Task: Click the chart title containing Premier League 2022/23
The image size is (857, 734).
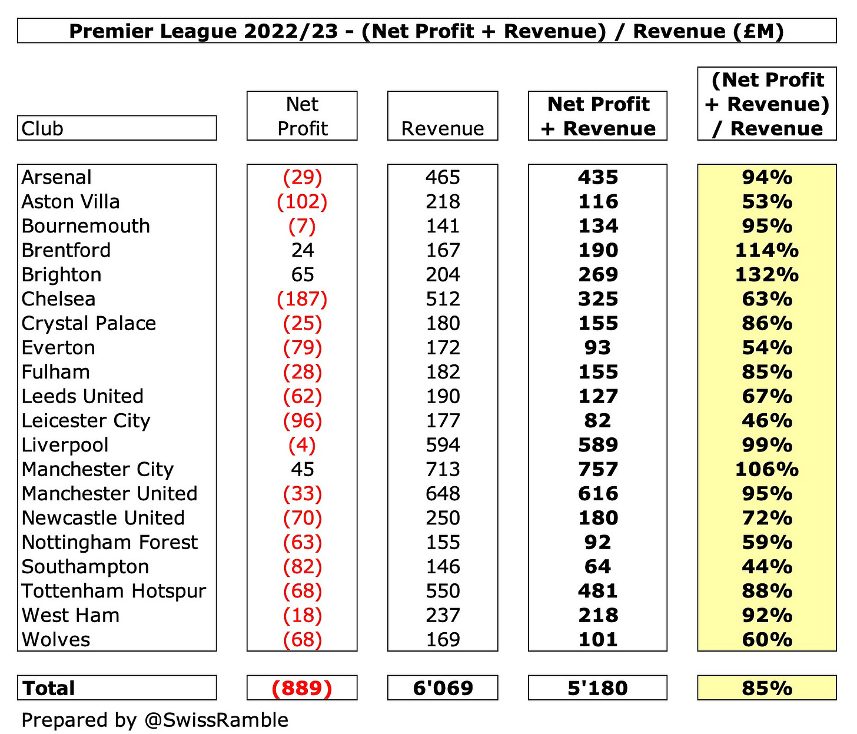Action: click(x=426, y=31)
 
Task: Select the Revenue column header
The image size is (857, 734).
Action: click(x=443, y=128)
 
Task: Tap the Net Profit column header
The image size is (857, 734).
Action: click(x=302, y=116)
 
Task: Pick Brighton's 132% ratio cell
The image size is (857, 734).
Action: click(x=766, y=275)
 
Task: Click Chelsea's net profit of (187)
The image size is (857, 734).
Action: click(x=302, y=299)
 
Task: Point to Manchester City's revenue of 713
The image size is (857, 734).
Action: click(x=443, y=470)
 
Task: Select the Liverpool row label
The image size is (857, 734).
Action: click(x=65, y=446)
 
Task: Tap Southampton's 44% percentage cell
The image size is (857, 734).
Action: click(x=766, y=567)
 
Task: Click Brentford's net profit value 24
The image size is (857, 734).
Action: click(x=302, y=251)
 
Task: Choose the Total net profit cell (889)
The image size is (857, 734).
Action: click(x=302, y=688)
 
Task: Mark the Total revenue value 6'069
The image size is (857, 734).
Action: click(x=443, y=688)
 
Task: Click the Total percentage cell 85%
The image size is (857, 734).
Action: click(x=766, y=688)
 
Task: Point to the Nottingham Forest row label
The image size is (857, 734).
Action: click(x=109, y=543)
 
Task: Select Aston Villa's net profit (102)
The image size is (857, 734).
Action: click(x=302, y=202)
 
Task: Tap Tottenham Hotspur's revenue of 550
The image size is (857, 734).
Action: click(x=443, y=591)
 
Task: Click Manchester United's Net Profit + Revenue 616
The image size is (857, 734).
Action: click(x=597, y=494)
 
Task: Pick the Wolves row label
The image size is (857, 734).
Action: click(x=56, y=640)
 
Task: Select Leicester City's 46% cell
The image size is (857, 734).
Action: click(x=766, y=421)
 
